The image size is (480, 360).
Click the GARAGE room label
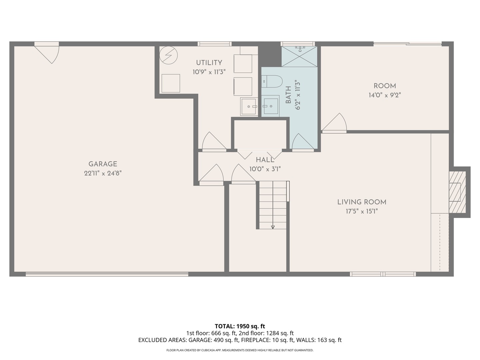click(103, 164)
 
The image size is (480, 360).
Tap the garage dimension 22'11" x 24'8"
click(103, 173)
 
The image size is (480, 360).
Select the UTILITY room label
click(209, 63)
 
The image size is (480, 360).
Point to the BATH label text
click(288, 95)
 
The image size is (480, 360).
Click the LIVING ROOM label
click(362, 202)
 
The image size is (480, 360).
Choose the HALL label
click(265, 160)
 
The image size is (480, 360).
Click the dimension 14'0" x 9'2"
click(385, 95)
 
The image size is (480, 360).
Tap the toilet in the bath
click(272, 81)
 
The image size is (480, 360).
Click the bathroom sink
click(271, 106)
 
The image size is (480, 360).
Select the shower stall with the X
click(299, 56)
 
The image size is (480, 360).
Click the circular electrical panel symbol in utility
click(168, 55)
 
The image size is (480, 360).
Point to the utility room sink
click(249, 106)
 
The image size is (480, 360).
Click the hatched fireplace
click(457, 192)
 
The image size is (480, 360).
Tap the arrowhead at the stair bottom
click(273, 227)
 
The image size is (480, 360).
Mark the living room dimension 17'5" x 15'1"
click(362, 211)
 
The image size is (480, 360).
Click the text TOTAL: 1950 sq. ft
click(240, 326)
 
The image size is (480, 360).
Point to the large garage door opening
click(107, 274)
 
